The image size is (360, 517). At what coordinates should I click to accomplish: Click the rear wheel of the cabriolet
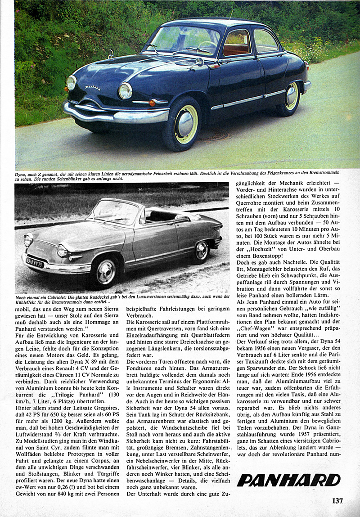pyautogui.click(x=202, y=250)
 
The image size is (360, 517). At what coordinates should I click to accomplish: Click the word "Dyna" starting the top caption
pyautogui.click(x=22, y=173)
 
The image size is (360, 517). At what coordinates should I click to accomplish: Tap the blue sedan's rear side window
pyautogui.click(x=265, y=41)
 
